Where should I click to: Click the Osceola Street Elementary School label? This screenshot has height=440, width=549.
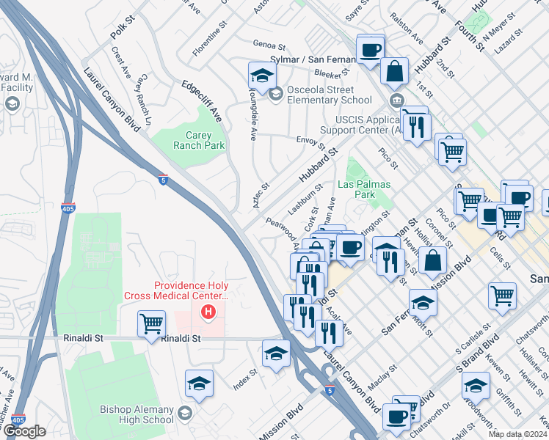tap(329, 95)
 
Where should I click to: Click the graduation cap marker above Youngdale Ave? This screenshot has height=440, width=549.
tap(261, 74)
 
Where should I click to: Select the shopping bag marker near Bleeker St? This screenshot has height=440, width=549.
tap(395, 71)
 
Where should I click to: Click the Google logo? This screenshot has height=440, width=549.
tap(24, 431)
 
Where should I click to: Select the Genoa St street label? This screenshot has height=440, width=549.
tap(268, 44)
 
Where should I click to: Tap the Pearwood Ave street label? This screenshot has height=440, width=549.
tap(282, 230)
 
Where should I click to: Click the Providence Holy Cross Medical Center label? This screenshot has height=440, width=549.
tap(191, 291)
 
